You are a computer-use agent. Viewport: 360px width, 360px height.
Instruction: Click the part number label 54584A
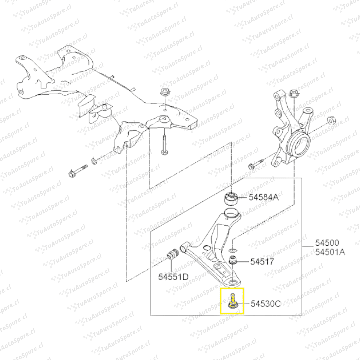pos(263,197)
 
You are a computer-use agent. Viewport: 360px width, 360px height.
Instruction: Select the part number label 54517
pos(262,262)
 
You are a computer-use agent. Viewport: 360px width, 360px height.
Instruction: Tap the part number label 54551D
pos(173,277)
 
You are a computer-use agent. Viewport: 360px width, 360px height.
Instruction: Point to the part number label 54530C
pos(266,304)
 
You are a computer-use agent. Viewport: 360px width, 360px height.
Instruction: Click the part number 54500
pos(327,243)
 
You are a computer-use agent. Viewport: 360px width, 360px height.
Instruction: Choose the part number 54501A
pos(330,252)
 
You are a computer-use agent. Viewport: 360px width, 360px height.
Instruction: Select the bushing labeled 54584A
pos(231,199)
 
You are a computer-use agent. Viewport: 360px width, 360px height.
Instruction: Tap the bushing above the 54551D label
pos(173,254)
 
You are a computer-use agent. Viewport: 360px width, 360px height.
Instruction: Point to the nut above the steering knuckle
pos(294,93)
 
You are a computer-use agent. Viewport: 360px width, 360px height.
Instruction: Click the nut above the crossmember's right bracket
pos(164,92)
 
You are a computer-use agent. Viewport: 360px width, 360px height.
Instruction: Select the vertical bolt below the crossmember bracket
pos(164,144)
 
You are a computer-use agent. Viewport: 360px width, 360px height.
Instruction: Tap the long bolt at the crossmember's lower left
pos(78,171)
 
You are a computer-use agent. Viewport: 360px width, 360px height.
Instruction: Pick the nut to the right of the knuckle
pos(331,120)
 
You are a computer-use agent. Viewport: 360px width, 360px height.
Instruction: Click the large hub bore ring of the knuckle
pos(298,142)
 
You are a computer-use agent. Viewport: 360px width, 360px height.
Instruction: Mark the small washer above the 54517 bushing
pos(233,250)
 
